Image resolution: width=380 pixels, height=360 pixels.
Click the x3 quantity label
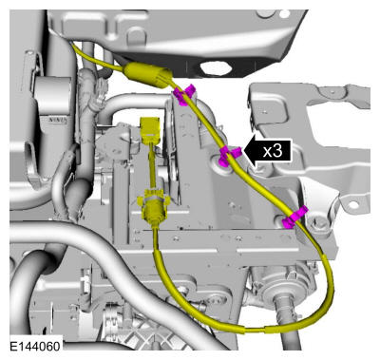coord(273,151)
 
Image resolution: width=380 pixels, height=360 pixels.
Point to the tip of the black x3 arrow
coord(243,151)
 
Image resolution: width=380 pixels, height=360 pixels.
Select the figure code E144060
coord(35,346)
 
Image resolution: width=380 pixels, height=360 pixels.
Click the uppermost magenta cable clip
coord(184,94)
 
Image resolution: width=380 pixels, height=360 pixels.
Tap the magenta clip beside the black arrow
coord(229,155)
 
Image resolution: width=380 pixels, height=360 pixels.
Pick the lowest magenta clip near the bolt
coord(294,218)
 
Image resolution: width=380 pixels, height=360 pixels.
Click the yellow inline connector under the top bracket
coord(148,74)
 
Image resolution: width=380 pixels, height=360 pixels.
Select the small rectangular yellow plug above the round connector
coord(150,128)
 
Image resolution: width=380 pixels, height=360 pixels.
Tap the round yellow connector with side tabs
coord(154,206)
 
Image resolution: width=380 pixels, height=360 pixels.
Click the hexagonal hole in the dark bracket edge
coord(215,67)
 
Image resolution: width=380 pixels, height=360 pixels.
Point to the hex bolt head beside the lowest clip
coord(318,224)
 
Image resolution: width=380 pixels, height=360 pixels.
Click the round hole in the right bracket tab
coord(353,205)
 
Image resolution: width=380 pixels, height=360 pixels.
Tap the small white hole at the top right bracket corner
coord(286,13)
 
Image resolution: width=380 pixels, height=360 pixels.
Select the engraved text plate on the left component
coord(57,121)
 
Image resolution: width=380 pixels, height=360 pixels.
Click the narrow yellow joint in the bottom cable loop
coord(254,330)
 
